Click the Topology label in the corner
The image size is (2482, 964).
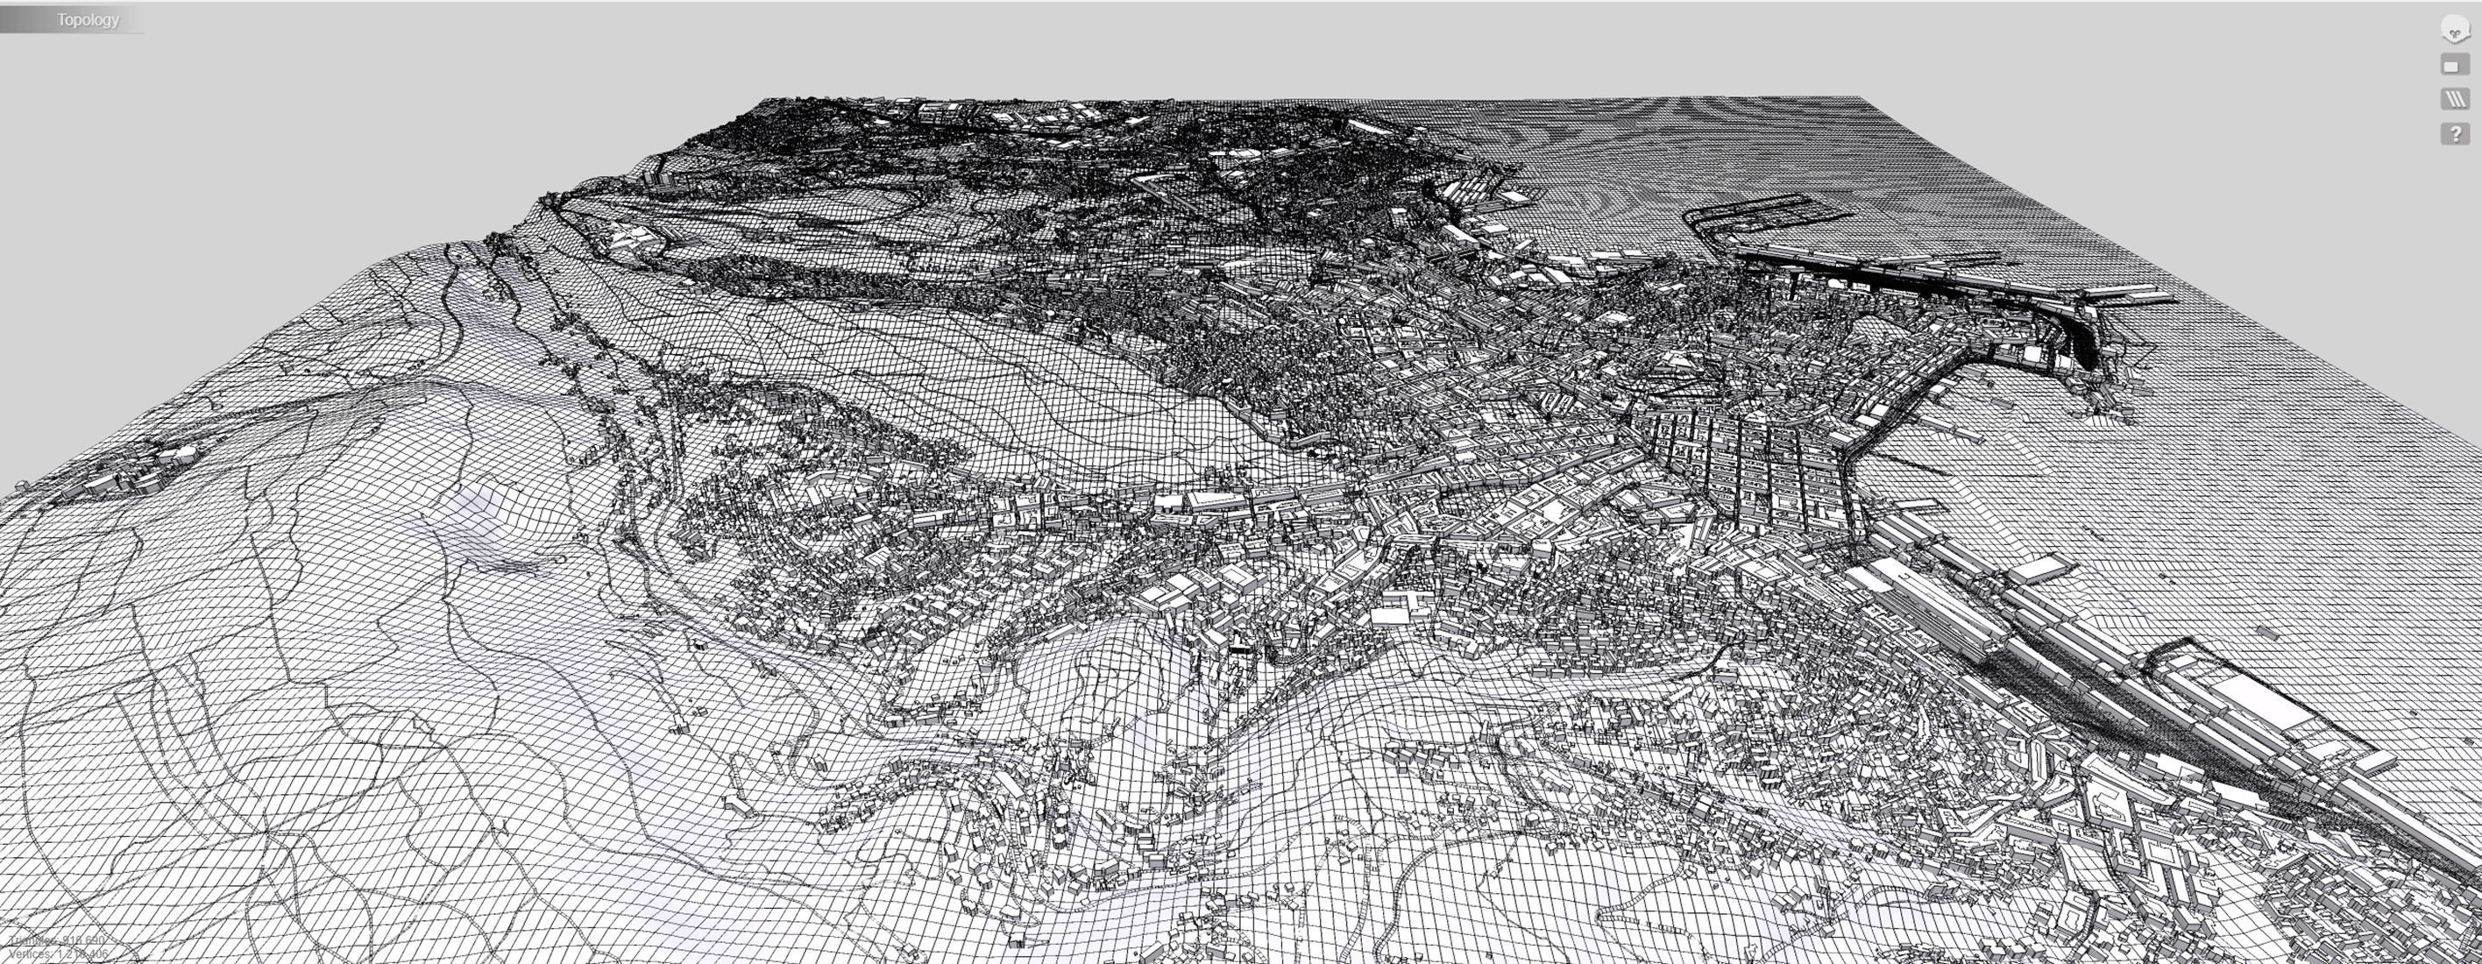[87, 19]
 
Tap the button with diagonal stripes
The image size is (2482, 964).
[2455, 99]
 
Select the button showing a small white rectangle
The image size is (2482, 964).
[2454, 66]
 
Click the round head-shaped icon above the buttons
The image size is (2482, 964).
[2455, 30]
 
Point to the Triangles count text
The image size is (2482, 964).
[56, 940]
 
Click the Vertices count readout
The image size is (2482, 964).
[58, 954]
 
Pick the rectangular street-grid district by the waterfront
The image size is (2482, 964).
[1744, 462]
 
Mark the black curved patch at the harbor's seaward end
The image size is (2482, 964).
[2081, 337]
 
